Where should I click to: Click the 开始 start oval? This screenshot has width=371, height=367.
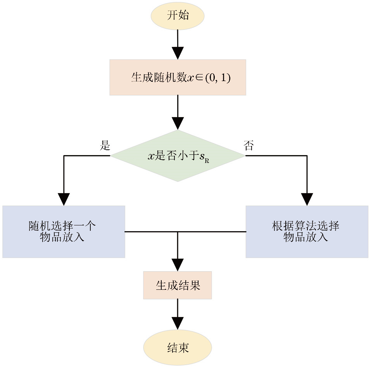[178, 16]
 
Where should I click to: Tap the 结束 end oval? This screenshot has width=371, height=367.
[178, 348]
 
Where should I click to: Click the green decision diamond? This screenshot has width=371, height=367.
[178, 156]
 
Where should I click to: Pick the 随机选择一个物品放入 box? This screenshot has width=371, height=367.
[64, 232]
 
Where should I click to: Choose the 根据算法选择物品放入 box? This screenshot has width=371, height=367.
[307, 232]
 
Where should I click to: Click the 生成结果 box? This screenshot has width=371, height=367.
[178, 285]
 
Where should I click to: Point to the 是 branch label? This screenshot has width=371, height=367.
[105, 146]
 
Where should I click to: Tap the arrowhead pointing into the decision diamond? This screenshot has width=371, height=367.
[178, 124]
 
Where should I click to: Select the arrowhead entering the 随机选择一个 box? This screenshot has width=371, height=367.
[64, 199]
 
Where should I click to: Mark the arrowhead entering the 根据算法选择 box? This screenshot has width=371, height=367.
[307, 199]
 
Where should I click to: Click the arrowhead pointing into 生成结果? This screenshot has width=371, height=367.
[178, 265]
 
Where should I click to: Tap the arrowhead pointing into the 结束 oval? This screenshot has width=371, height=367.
[178, 323]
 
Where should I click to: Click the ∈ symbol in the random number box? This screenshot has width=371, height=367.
[199, 78]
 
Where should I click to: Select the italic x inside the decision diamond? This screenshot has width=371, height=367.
[151, 156]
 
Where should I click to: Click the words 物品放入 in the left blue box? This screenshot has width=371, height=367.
[62, 237]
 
